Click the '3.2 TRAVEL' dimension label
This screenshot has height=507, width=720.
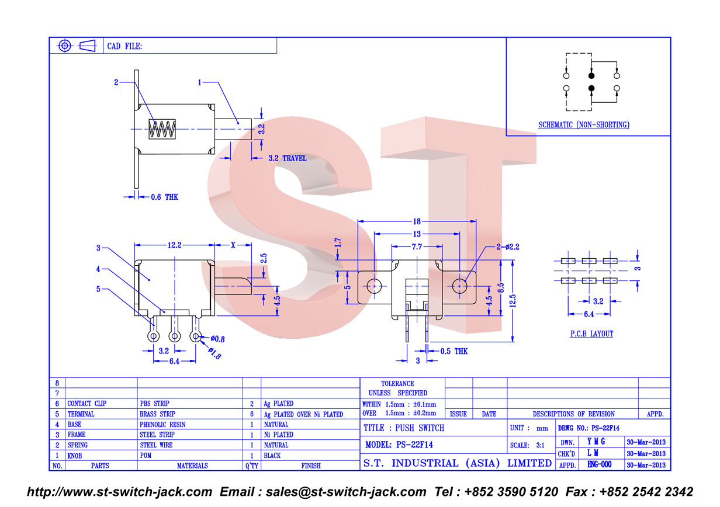click(288, 158)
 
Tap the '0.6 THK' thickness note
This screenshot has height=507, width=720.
click(164, 197)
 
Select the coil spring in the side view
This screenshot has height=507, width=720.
click(162, 129)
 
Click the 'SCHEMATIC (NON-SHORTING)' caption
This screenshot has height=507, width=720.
click(584, 124)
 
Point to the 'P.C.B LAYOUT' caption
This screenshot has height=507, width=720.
click(591, 334)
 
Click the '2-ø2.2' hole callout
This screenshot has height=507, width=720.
click(507, 246)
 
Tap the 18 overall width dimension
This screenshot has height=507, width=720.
click(417, 221)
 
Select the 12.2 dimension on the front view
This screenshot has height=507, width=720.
click(174, 245)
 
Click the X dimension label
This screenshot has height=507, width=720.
click(233, 245)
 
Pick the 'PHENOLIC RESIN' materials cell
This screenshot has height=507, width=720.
click(162, 425)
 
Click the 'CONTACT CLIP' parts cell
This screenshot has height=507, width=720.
click(86, 404)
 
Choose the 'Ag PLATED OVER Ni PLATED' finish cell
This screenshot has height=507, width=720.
click(303, 415)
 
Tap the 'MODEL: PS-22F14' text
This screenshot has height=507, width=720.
click(399, 445)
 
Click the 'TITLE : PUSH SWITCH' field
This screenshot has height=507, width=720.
click(404, 428)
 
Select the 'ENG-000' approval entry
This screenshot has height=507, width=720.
click(599, 464)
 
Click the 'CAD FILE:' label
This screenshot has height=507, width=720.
click(124, 46)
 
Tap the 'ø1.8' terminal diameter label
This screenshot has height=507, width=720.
click(214, 353)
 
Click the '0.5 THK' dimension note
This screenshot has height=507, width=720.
click(454, 351)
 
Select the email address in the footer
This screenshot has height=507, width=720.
click(346, 492)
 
